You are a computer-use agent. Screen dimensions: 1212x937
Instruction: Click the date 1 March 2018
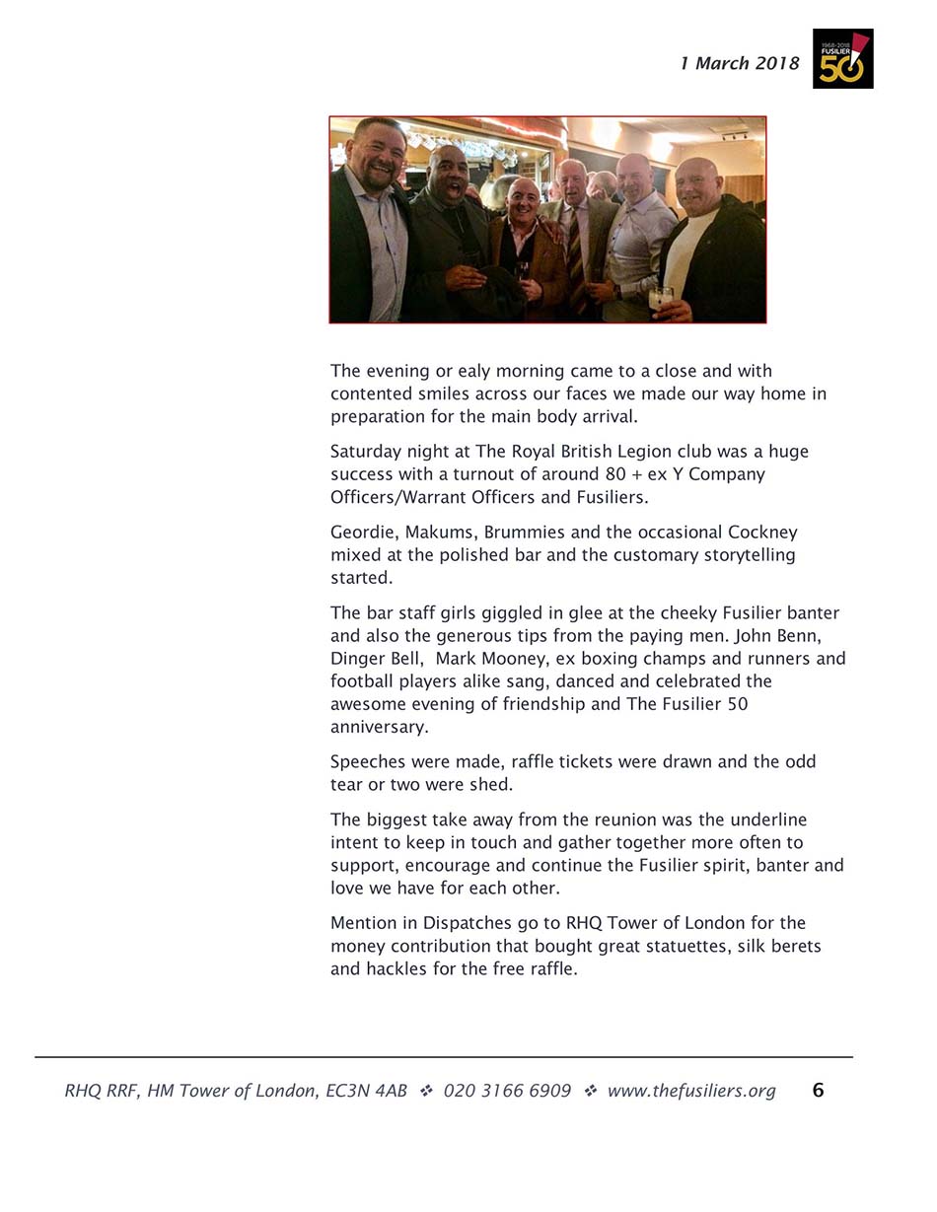tap(739, 64)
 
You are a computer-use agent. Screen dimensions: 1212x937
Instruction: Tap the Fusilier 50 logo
tap(842, 58)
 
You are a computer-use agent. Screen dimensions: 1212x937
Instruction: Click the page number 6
tap(818, 1090)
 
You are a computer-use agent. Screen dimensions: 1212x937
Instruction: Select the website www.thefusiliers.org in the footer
tap(690, 1091)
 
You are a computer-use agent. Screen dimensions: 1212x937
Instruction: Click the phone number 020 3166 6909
tap(507, 1091)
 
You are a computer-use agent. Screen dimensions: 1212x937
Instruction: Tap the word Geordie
tap(362, 533)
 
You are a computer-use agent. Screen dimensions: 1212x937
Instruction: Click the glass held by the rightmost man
tap(660, 297)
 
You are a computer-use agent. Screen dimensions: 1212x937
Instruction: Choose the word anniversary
tap(379, 728)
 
